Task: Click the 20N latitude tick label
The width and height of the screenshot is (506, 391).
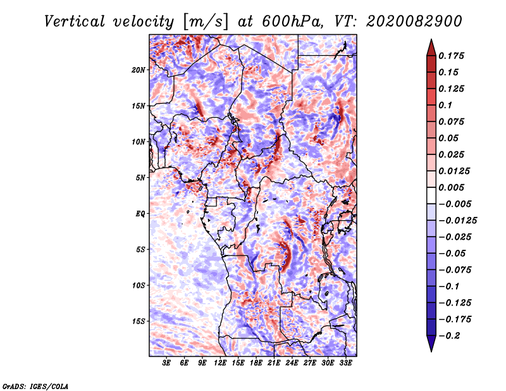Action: click(x=139, y=70)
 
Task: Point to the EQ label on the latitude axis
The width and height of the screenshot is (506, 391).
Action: click(x=140, y=214)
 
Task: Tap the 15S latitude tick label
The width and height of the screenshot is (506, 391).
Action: click(x=139, y=321)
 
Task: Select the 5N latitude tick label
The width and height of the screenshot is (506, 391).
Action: click(x=140, y=178)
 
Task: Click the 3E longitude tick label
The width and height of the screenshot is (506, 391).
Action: click(x=166, y=363)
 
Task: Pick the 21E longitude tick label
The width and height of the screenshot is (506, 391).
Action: click(x=274, y=363)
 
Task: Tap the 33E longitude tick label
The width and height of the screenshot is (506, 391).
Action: click(x=345, y=363)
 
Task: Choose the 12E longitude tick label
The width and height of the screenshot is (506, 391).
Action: click(x=220, y=363)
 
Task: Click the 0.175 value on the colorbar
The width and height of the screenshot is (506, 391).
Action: click(x=451, y=56)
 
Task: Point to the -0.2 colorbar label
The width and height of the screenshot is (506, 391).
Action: click(x=449, y=336)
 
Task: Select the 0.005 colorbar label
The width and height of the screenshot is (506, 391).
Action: click(x=451, y=187)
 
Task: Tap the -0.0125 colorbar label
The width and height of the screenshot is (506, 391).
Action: click(x=457, y=221)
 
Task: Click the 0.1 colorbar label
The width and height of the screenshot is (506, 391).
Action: click(x=445, y=105)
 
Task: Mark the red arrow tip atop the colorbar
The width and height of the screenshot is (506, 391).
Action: click(x=431, y=39)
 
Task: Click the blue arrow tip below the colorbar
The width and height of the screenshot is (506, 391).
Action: click(x=431, y=351)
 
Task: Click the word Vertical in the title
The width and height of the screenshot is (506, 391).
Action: click(x=75, y=22)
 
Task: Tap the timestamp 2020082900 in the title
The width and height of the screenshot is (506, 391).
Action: click(x=414, y=22)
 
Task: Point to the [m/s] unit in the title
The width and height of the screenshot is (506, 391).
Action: click(x=206, y=22)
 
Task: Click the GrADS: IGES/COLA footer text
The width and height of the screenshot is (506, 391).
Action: click(x=35, y=386)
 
